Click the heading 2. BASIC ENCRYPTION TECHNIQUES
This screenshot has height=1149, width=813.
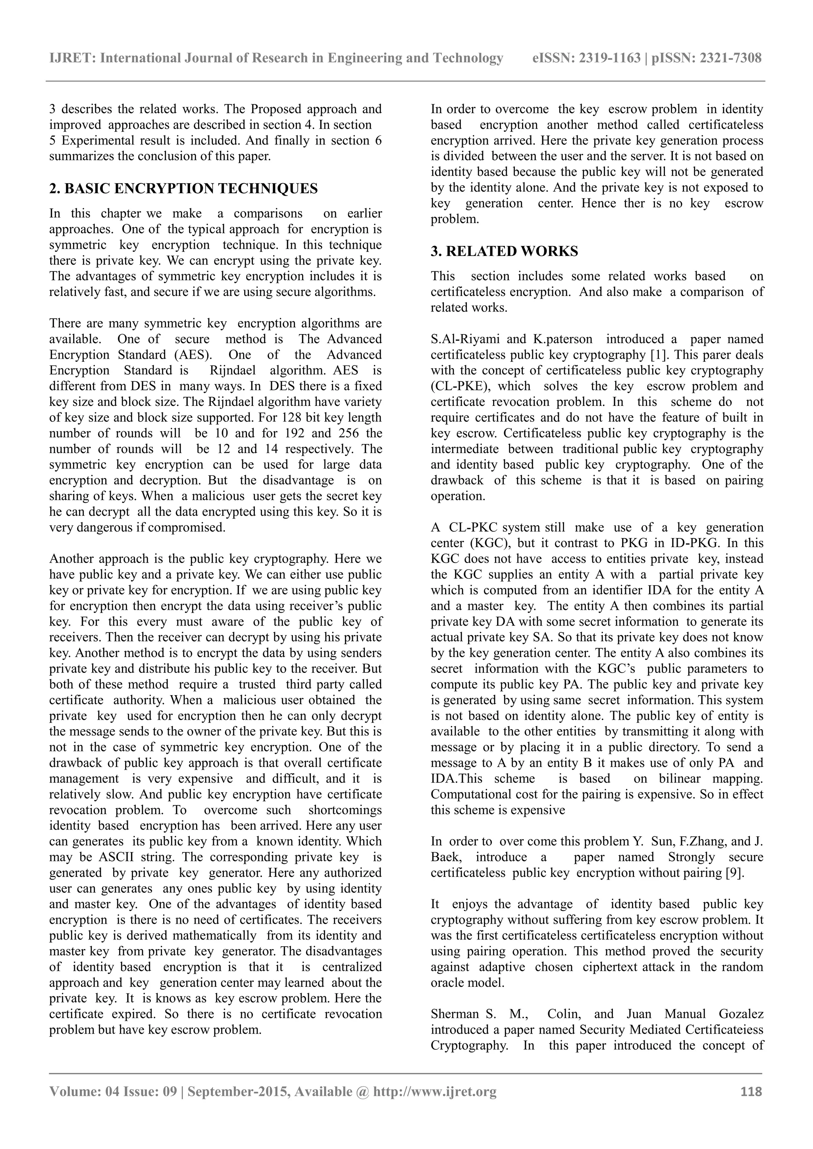[183, 189]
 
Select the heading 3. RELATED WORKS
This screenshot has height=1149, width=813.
[504, 251]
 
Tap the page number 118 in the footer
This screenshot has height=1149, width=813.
[751, 1091]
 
